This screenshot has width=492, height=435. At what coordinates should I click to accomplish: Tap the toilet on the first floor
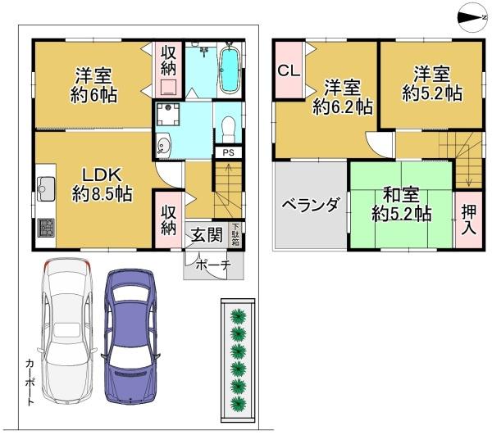228,129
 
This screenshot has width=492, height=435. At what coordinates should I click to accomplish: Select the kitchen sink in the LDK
46,188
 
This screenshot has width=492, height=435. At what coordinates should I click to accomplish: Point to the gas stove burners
46,228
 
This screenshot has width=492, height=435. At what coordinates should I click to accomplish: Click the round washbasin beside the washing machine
163,146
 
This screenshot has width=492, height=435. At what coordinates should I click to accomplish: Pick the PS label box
229,152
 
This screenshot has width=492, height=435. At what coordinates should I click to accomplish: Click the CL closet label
289,71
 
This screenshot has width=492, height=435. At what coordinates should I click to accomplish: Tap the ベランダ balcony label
311,205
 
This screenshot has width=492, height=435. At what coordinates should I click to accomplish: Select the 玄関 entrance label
207,235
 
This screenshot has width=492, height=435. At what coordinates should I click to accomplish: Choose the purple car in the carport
130,337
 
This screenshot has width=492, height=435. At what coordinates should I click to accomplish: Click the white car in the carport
68,331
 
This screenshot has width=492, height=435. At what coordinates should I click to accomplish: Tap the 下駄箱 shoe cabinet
235,233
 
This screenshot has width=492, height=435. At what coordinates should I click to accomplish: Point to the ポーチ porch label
213,265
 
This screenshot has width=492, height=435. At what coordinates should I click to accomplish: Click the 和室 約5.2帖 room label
402,205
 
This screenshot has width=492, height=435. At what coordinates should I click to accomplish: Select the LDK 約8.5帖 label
102,184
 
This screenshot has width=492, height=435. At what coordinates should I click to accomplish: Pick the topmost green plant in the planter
238,316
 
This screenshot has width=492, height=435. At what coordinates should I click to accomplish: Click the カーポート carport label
30,383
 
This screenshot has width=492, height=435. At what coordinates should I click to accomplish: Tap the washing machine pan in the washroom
168,115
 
